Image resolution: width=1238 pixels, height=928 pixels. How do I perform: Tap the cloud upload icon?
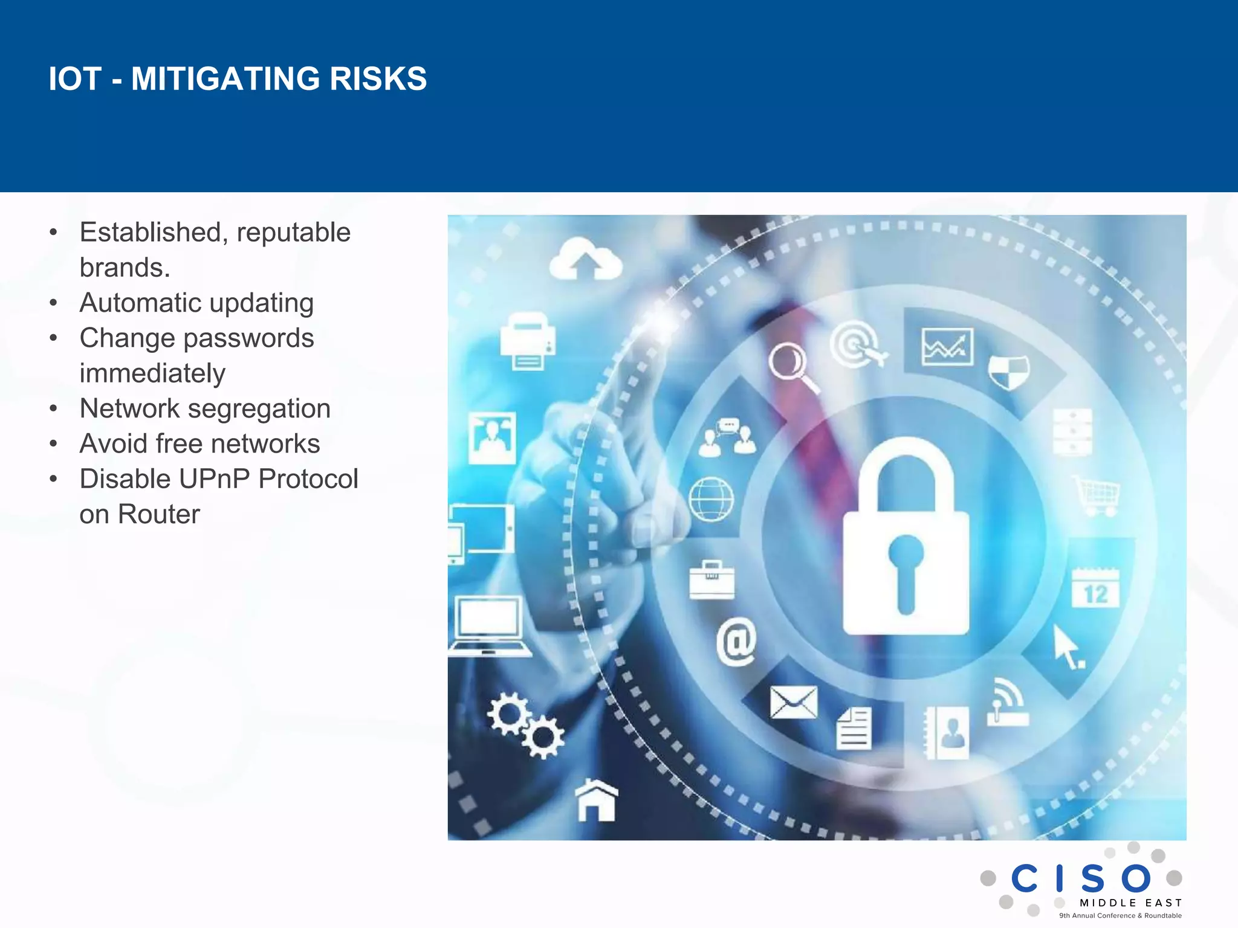point(585,260)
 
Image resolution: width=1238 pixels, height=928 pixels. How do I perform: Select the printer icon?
point(528,342)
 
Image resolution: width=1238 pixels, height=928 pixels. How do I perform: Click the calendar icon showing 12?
point(1095,588)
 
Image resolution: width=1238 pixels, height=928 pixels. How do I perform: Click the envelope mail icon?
point(793,703)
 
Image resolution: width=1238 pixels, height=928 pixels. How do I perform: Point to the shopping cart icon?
point(1098,495)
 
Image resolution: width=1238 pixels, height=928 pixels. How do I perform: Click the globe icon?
point(711,499)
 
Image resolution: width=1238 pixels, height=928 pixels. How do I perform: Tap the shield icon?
point(1009,371)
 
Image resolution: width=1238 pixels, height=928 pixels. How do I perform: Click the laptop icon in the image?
point(488,626)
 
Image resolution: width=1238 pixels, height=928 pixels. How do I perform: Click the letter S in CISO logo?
point(1093,878)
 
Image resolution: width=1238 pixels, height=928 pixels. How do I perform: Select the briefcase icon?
point(712,580)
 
